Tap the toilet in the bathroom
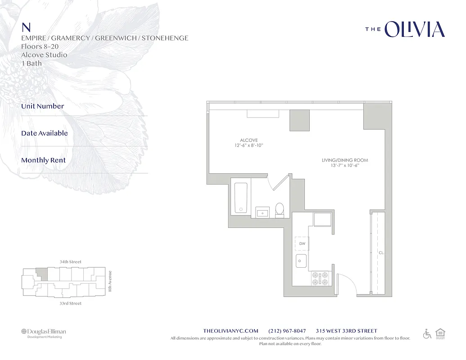click(280, 210)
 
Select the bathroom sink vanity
click(262, 212)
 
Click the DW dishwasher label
click(302, 243)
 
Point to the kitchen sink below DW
click(301, 260)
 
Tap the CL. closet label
click(381, 252)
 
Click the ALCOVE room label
click(249, 140)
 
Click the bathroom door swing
click(277, 182)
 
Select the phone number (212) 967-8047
click(287, 331)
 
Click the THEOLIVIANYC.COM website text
click(231, 331)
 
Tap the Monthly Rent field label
click(43, 160)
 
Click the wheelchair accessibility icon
click(427, 334)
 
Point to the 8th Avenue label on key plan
click(110, 281)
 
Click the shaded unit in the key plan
click(41, 273)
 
